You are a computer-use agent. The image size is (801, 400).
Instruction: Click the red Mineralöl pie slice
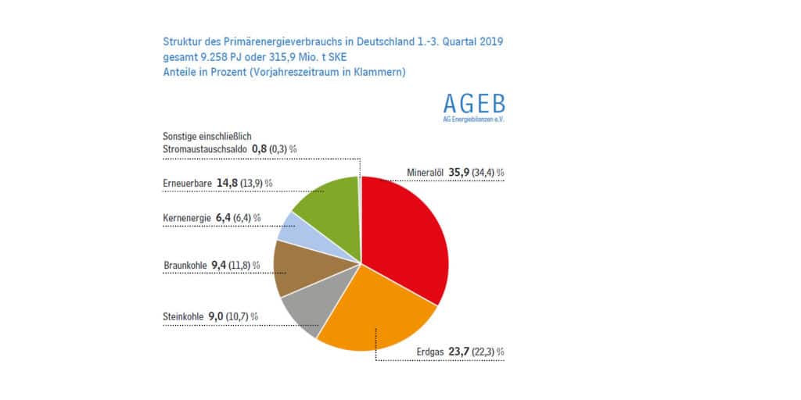tap(407, 234)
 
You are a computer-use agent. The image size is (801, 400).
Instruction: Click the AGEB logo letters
tap(473, 104)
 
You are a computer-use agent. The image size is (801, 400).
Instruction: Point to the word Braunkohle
tap(185, 266)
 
